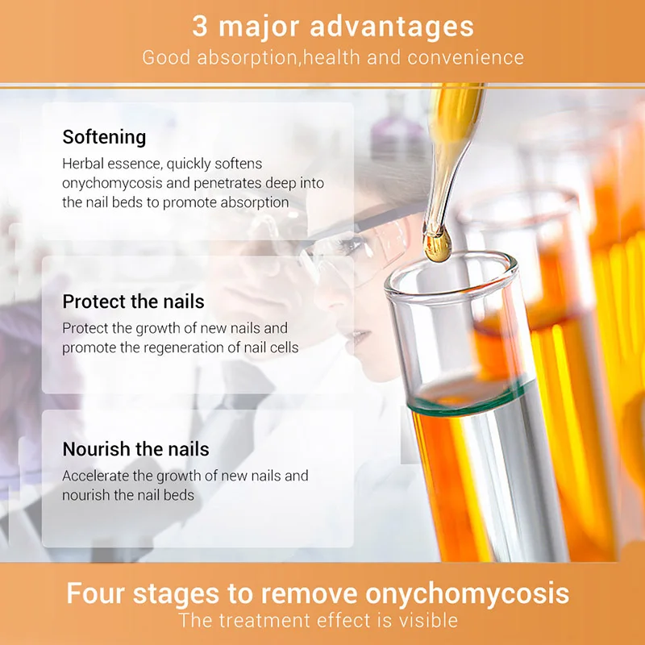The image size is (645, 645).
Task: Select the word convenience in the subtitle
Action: point(466,58)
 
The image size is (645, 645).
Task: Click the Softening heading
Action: point(104,136)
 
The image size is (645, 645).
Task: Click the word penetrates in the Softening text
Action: point(235,183)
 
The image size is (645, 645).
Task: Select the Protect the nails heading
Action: point(133,302)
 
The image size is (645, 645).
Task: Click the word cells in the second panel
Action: point(282,347)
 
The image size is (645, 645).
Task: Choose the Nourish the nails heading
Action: point(135,449)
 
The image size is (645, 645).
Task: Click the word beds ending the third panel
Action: point(178,495)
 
